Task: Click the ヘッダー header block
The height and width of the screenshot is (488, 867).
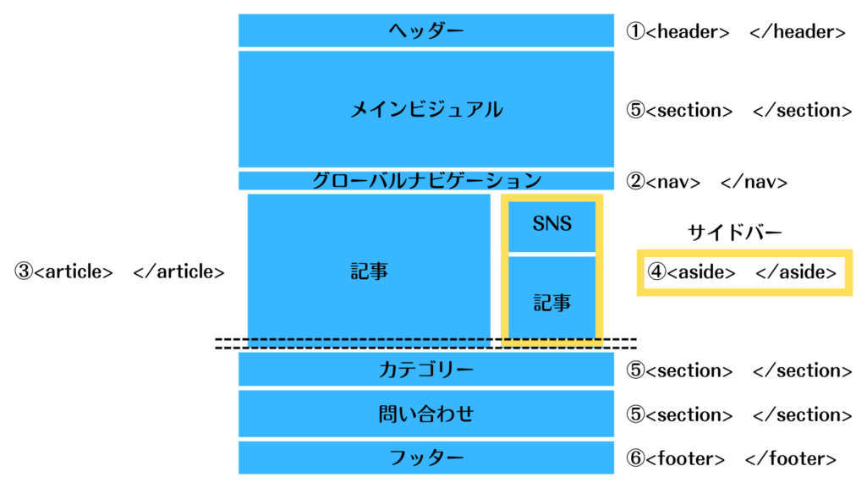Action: pyautogui.click(x=426, y=30)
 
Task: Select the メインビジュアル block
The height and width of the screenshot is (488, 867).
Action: pyautogui.click(x=426, y=109)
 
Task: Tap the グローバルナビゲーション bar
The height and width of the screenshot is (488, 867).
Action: pyautogui.click(x=426, y=180)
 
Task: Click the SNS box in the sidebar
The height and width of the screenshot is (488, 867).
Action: pyautogui.click(x=552, y=224)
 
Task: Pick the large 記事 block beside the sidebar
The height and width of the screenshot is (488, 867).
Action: pyautogui.click(x=369, y=271)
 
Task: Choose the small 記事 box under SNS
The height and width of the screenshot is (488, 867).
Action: pyautogui.click(x=552, y=301)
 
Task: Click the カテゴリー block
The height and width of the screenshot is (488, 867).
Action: pyautogui.click(x=426, y=370)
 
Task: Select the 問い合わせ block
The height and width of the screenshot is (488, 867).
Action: pyautogui.click(x=426, y=414)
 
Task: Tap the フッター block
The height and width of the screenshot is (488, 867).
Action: pyautogui.click(x=426, y=458)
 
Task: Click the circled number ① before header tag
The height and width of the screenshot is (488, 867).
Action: pyautogui.click(x=635, y=31)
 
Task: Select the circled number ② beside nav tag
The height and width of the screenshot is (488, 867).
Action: pyautogui.click(x=635, y=181)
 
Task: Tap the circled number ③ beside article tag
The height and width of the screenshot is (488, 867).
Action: pyautogui.click(x=24, y=271)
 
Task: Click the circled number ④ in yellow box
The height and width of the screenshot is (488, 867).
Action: pyautogui.click(x=656, y=271)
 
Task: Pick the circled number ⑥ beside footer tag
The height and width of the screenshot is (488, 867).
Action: pyautogui.click(x=635, y=458)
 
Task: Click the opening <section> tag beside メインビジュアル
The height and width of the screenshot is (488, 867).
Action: pyautogui.click(x=689, y=110)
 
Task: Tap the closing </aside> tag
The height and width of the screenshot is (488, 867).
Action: pyautogui.click(x=796, y=271)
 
